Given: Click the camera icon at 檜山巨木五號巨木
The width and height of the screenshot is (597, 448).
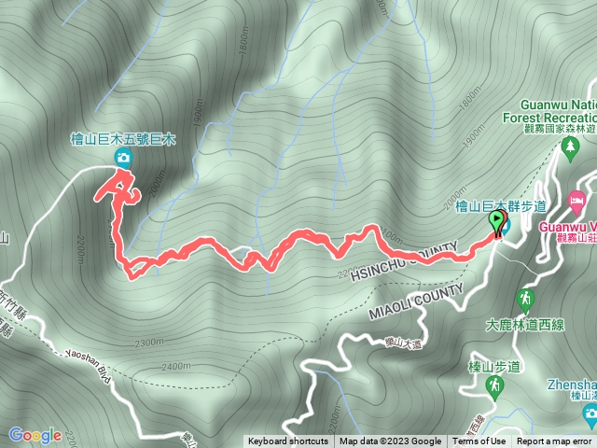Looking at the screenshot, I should point(122,159).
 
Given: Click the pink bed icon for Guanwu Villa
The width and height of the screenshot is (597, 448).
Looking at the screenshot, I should point(577,201).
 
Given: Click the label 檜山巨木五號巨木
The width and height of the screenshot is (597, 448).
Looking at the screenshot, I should point(122,139).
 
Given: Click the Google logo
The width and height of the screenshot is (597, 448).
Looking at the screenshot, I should point(35,435).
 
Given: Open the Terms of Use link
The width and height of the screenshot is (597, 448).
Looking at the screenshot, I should point(479,441).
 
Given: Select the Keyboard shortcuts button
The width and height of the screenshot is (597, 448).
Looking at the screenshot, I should point(287,441).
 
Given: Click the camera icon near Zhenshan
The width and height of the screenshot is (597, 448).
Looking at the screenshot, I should point(590,413).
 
